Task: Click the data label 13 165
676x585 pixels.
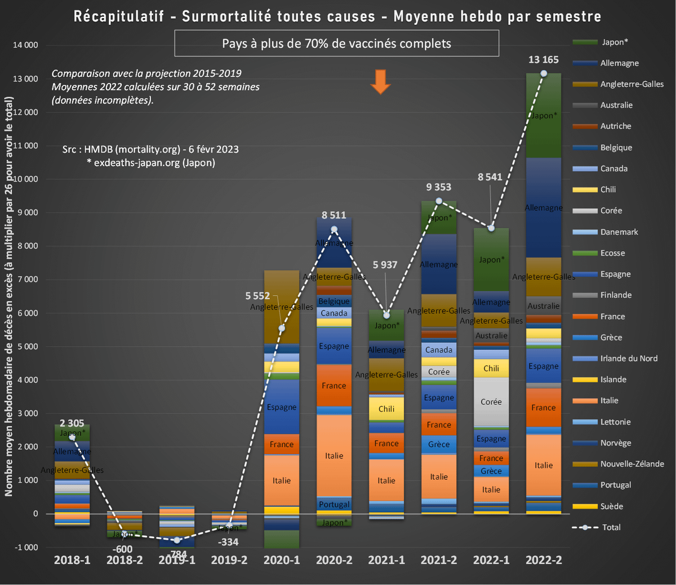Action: (x=544, y=60)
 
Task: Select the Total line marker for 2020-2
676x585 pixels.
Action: (x=334, y=229)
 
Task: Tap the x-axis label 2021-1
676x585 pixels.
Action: (x=386, y=560)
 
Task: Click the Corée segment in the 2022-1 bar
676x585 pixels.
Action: (x=491, y=402)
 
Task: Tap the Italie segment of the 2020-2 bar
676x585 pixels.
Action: (x=334, y=456)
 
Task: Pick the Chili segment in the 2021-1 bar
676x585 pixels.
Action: (x=386, y=409)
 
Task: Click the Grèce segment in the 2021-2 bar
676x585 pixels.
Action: (x=439, y=444)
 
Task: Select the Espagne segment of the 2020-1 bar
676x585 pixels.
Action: (x=282, y=407)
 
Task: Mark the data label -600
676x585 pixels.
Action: (x=122, y=550)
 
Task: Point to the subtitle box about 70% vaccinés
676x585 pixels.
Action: (x=336, y=43)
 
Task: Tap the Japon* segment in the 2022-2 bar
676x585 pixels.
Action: (x=544, y=115)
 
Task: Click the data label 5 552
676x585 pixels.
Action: (x=257, y=296)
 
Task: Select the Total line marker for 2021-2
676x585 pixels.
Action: (x=439, y=201)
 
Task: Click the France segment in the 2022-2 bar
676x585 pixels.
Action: (x=544, y=407)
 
